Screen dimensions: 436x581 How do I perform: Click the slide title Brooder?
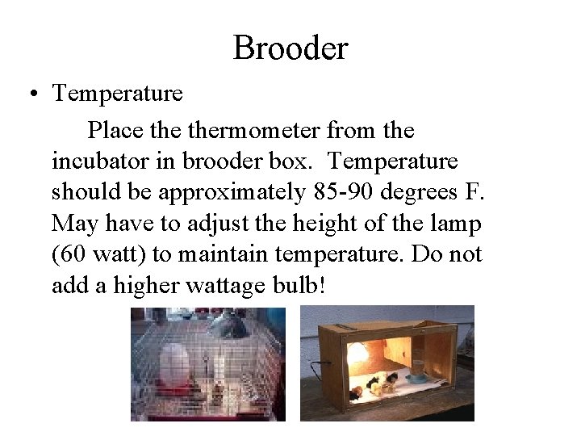[x=290, y=48]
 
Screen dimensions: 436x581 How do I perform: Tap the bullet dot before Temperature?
[x=30, y=94]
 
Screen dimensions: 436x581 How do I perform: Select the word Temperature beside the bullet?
[x=117, y=94]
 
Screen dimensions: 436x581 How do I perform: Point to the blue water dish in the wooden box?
[x=420, y=376]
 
